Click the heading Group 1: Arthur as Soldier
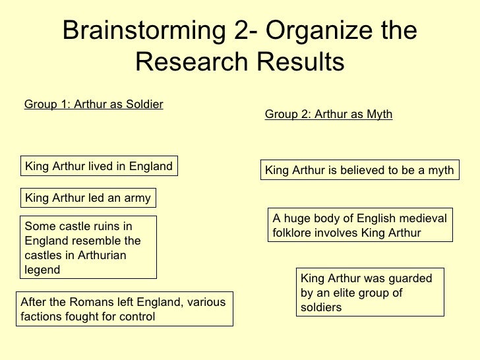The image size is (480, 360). [94, 104]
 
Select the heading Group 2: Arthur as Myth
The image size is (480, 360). [328, 115]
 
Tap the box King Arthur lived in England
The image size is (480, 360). [99, 165]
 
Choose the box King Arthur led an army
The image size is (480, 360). [88, 198]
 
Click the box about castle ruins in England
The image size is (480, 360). [89, 247]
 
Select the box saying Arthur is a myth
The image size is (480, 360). [359, 170]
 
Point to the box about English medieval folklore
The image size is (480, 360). [360, 225]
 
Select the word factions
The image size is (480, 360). [42, 316]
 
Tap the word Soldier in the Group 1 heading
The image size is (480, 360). [145, 104]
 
